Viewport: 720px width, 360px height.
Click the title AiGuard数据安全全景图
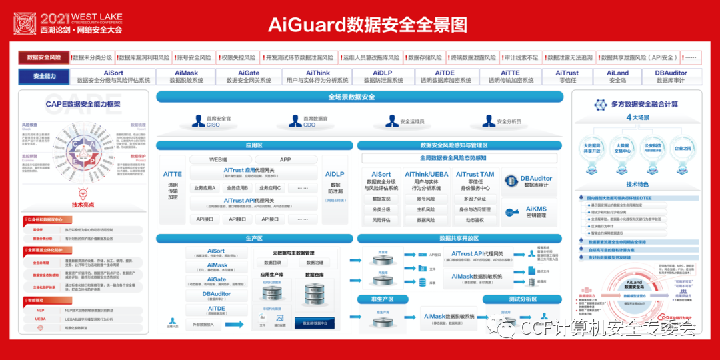(367, 25)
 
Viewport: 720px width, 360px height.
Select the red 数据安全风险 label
(43, 58)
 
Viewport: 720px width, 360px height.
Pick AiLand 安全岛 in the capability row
(617, 76)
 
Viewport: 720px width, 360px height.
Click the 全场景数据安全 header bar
(360, 97)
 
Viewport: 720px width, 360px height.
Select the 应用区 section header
(254, 145)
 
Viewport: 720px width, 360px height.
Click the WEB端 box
(219, 159)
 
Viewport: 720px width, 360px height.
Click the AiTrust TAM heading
(475, 175)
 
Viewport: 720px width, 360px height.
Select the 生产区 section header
(254, 238)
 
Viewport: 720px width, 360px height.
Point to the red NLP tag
(41, 310)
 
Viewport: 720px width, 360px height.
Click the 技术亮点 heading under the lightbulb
(83, 205)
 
